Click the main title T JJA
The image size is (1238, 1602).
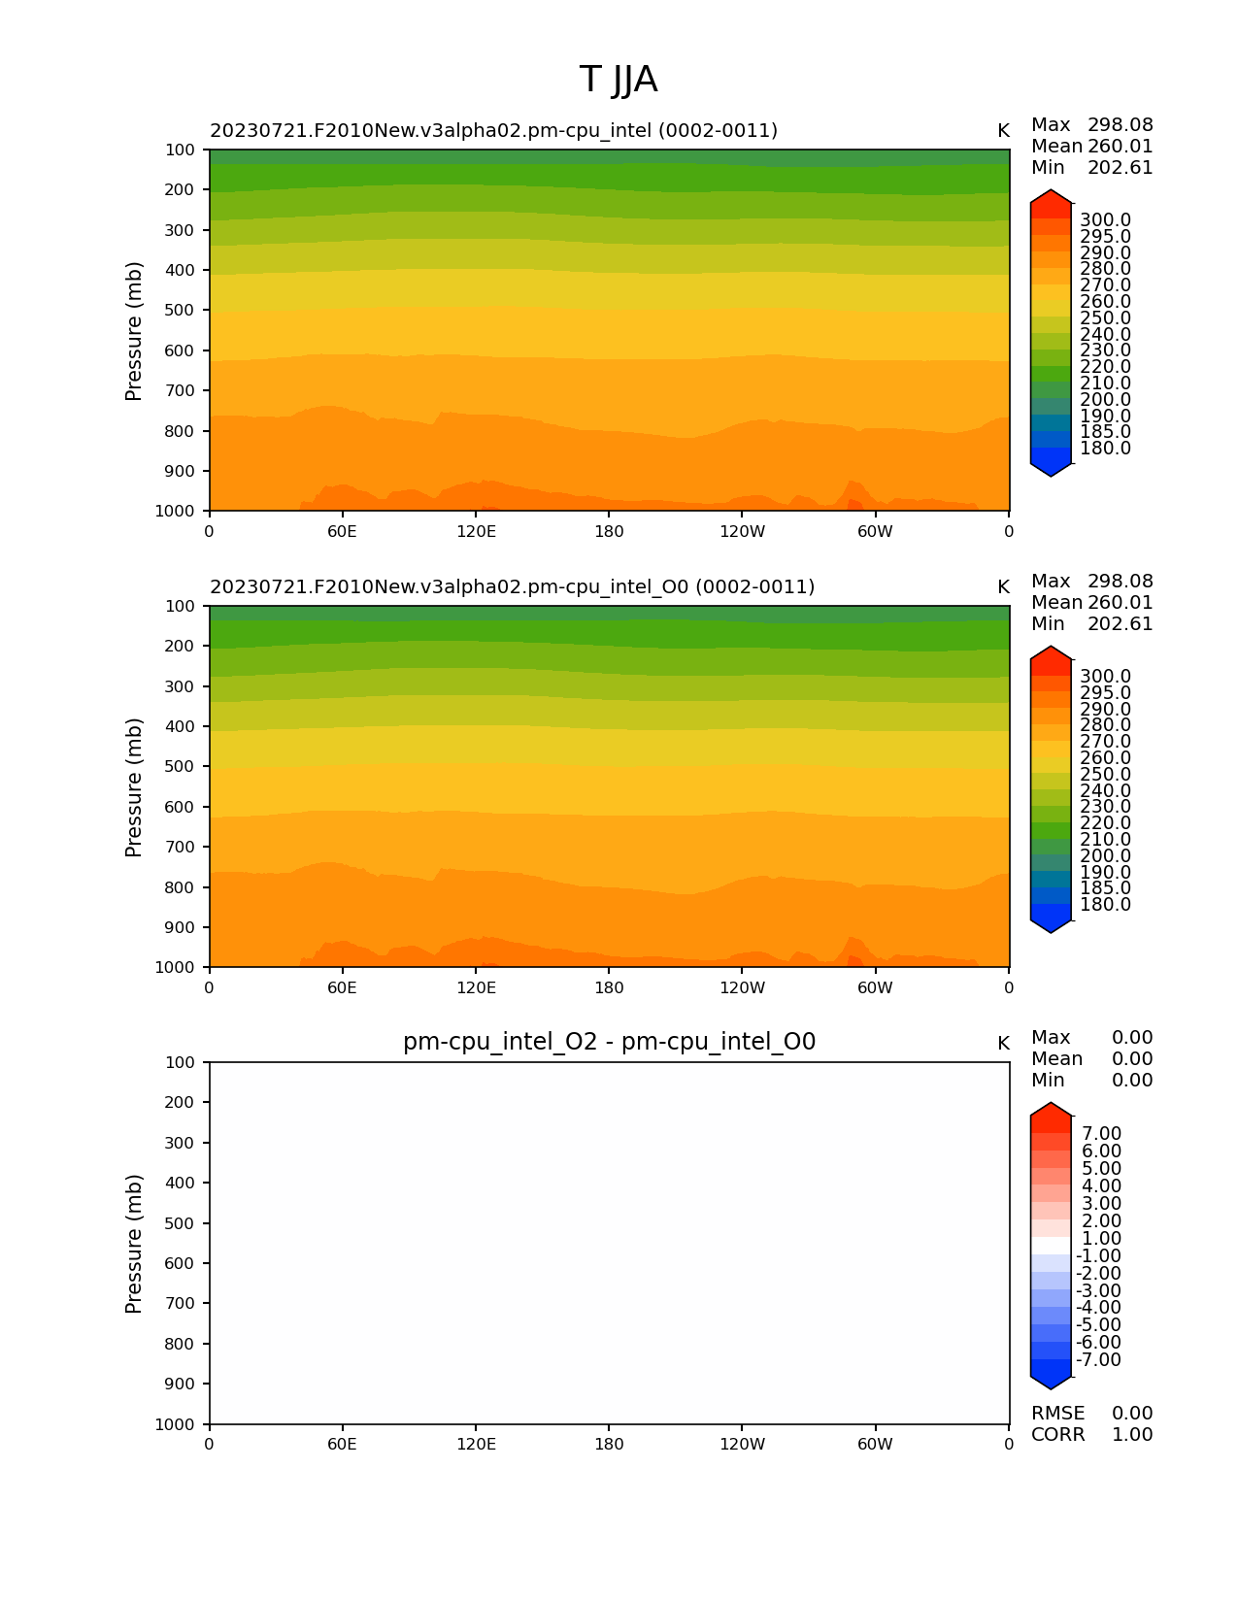(619, 80)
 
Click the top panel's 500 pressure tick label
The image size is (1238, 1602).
(180, 311)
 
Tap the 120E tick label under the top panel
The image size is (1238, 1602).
(476, 532)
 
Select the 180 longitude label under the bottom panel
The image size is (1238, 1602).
(609, 1445)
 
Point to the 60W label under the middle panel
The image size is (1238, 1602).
(875, 988)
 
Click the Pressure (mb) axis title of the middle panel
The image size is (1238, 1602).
(134, 787)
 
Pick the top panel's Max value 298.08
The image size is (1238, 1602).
(1120, 125)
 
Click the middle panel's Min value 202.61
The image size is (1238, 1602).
(1120, 624)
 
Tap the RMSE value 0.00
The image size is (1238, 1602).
(1132, 1414)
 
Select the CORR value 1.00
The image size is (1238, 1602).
(1132, 1435)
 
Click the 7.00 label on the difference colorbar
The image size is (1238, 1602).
(1101, 1134)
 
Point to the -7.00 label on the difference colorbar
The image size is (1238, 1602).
(1098, 1360)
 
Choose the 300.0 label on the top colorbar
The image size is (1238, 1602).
(1105, 220)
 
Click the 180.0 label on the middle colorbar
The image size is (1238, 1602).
(1105, 905)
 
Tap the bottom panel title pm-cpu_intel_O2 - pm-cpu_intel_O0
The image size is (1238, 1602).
(609, 1043)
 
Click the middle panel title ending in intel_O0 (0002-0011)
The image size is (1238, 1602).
(512, 587)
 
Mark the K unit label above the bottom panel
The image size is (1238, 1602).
(1003, 1044)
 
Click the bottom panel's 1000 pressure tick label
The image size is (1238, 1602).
(176, 1424)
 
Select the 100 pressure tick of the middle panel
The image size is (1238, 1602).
(180, 606)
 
